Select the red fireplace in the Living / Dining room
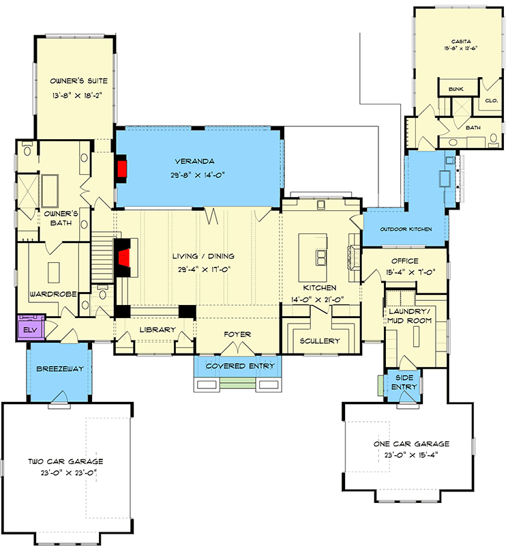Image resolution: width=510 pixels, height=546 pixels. (x=124, y=259)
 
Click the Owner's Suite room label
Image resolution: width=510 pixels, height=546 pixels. (x=74, y=81)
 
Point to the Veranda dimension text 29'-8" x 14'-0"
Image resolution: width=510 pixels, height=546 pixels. (x=200, y=175)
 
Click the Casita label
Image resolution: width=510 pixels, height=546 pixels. (x=451, y=42)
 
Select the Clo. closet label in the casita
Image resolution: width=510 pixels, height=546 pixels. (x=491, y=100)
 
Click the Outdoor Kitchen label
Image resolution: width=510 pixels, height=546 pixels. (x=405, y=229)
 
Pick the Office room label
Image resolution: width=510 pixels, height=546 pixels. (x=404, y=261)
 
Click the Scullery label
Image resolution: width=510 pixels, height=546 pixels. (x=320, y=341)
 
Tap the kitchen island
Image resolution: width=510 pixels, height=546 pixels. (x=320, y=256)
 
